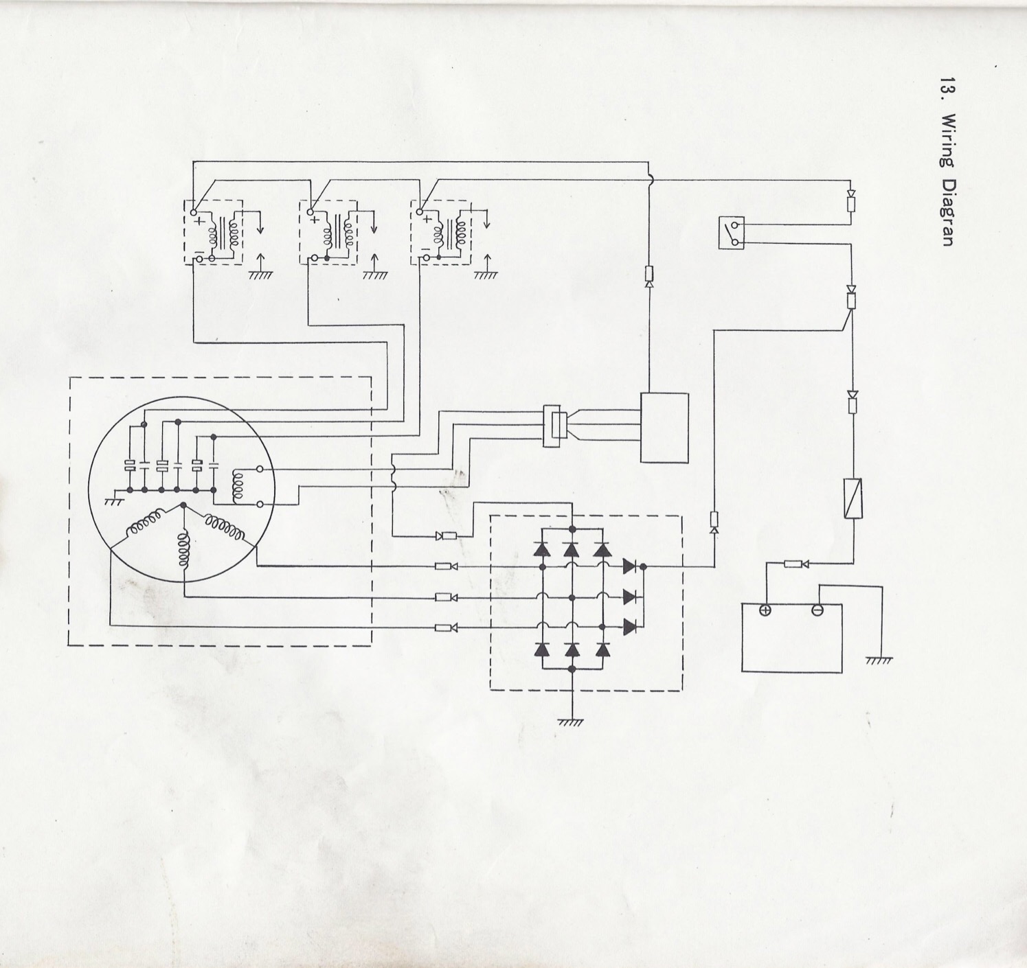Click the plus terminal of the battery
coord(765,610)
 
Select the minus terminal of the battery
coord(817,610)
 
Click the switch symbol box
coord(732,233)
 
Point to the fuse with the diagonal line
coord(852,498)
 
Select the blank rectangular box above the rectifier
coord(664,428)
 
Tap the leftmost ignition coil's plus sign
coord(199,220)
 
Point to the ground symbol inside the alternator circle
coord(113,500)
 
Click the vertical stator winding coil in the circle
coord(183,550)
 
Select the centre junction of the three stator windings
coord(183,505)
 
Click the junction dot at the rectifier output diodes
coord(643,567)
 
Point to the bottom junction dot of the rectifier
coord(572,669)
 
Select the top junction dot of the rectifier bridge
coord(572,529)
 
